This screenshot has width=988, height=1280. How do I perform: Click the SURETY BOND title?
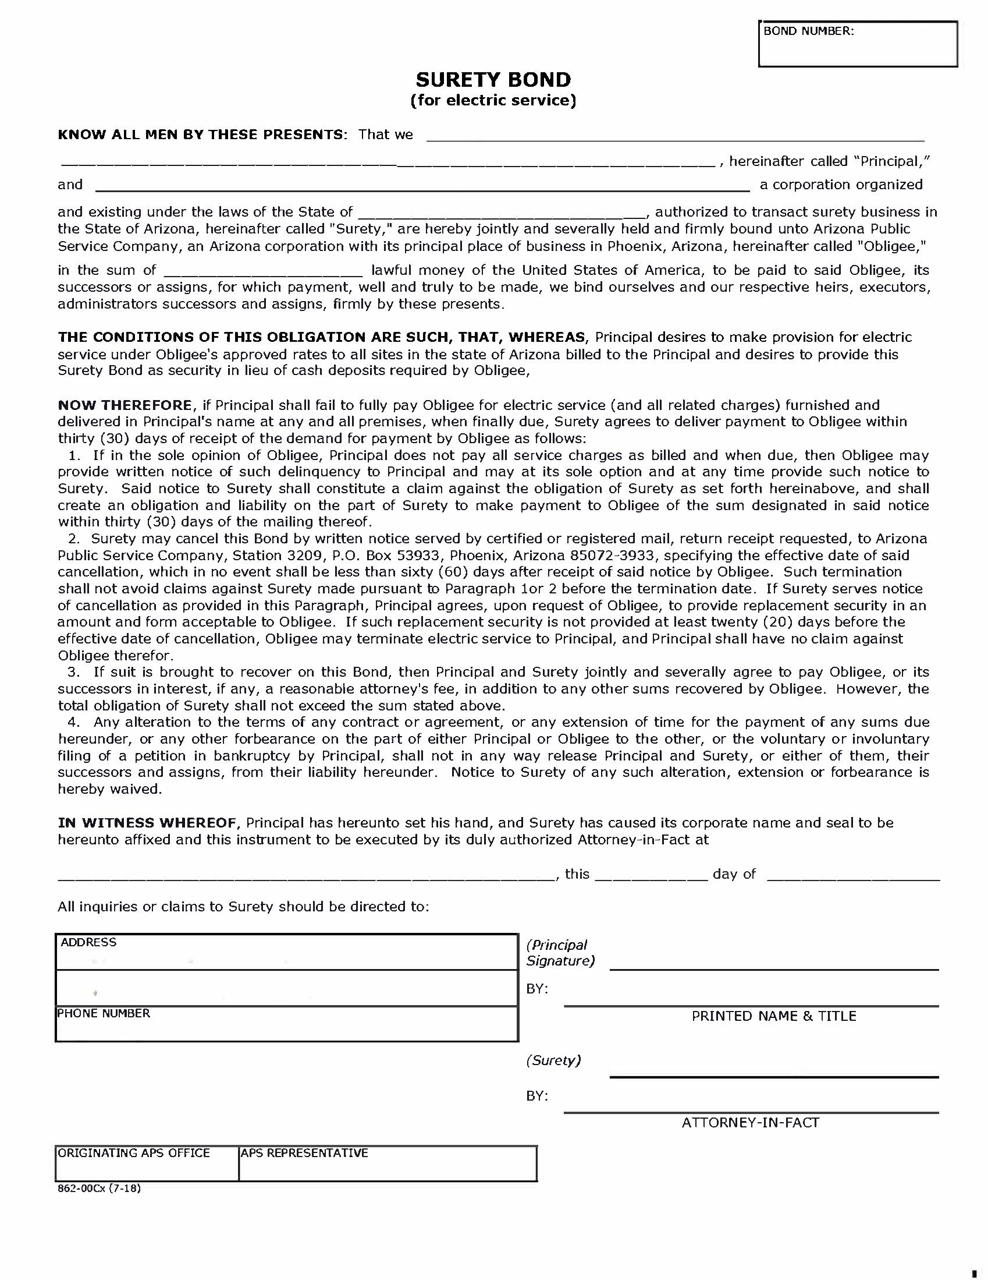[493, 80]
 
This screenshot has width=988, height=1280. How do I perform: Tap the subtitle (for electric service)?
[493, 100]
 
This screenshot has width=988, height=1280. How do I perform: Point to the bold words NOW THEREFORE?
[125, 405]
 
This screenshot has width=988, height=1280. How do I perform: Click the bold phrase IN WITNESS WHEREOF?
[147, 822]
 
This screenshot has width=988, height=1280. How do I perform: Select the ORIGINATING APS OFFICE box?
[147, 1164]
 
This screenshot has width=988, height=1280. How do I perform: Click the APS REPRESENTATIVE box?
[387, 1164]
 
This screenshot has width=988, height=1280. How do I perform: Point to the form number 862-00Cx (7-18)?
[99, 1188]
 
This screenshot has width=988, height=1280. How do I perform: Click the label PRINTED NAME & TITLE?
[773, 1016]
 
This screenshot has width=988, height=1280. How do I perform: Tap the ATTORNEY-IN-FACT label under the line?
[749, 1122]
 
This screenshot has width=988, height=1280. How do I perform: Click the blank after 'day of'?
[852, 875]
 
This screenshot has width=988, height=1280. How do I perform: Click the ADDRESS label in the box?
[88, 942]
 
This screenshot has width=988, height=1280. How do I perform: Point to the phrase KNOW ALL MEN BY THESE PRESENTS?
[200, 135]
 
